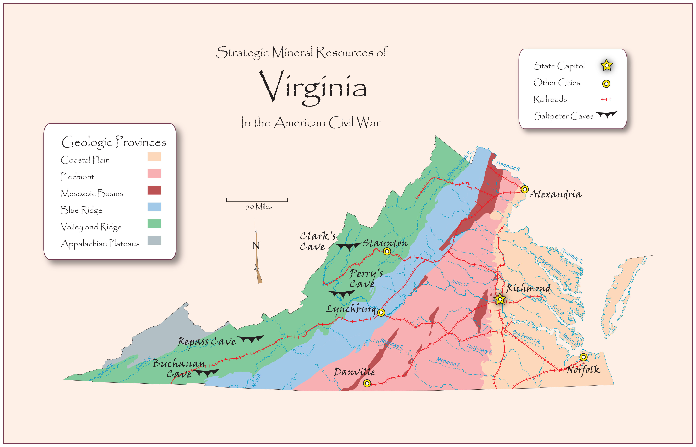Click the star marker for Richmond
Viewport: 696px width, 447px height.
pyautogui.click(x=500, y=299)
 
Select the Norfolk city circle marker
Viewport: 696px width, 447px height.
pyautogui.click(x=583, y=357)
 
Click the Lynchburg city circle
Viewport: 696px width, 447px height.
pyautogui.click(x=381, y=312)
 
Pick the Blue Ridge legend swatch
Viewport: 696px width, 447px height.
pyautogui.click(x=154, y=207)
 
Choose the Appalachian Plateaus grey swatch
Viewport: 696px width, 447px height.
pyautogui.click(x=154, y=240)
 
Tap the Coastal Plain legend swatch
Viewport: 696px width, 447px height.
pyautogui.click(x=154, y=157)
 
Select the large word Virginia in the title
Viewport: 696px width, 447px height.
pyautogui.click(x=313, y=87)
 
